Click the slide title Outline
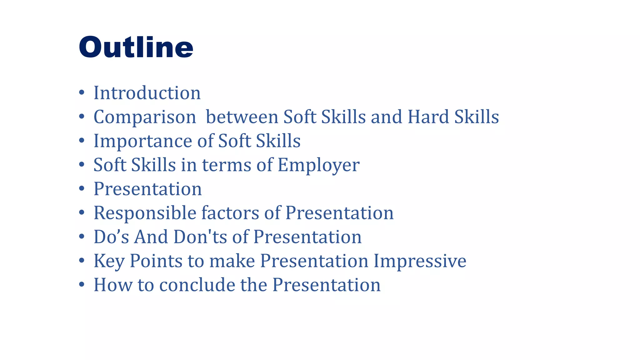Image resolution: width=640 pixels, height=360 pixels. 136,47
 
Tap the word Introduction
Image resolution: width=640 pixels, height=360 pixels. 147,93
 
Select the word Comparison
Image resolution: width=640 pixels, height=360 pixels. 145,117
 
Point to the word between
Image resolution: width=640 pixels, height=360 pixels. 242,117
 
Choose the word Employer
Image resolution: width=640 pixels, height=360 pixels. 318,165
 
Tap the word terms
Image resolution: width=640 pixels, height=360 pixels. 226,165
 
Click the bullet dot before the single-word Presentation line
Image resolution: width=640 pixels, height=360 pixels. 82,189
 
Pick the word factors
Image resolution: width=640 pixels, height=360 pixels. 230,213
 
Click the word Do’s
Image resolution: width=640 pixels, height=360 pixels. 111,237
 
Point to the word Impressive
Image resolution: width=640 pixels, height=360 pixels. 420,261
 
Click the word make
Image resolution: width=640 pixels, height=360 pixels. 232,261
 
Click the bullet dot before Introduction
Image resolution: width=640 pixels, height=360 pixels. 82,92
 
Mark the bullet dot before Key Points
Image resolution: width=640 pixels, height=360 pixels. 82,261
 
